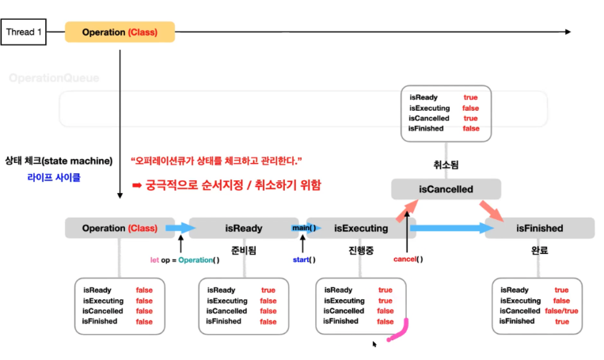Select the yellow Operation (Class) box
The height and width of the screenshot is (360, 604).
click(x=118, y=32)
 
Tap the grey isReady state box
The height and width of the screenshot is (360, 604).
click(x=243, y=229)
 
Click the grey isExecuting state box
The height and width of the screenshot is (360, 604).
click(x=360, y=229)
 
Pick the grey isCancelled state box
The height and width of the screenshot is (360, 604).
click(x=446, y=189)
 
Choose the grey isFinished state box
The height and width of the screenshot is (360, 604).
click(x=539, y=229)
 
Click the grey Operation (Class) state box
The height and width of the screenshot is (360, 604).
click(x=120, y=229)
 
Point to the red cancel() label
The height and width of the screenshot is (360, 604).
click(x=408, y=259)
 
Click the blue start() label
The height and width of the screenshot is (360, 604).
click(x=304, y=259)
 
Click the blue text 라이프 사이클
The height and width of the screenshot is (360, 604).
click(x=52, y=177)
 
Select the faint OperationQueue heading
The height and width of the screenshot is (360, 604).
click(x=52, y=78)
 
